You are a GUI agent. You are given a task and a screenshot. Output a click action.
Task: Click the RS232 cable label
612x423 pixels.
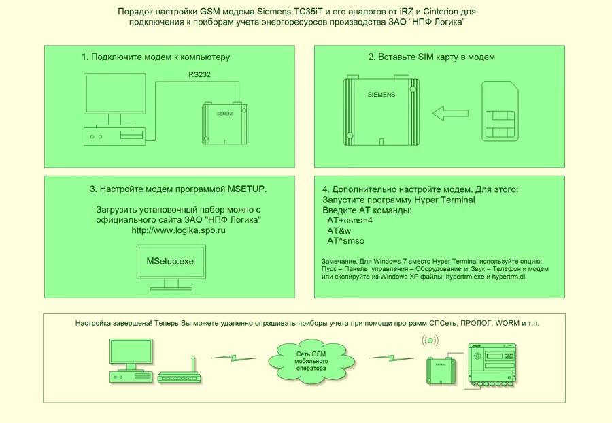point(199,75)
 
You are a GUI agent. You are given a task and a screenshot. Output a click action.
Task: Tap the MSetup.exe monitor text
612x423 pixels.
point(171,261)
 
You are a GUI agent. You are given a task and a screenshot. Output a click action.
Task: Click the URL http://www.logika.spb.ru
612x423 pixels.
point(178,232)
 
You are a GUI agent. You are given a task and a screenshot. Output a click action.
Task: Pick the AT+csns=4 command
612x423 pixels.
point(350,221)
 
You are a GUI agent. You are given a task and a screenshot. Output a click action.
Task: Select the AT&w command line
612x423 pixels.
point(339,231)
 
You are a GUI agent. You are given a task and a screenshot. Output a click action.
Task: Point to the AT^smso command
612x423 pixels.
point(345,241)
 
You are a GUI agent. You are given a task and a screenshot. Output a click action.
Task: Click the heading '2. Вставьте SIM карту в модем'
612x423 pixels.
point(431,57)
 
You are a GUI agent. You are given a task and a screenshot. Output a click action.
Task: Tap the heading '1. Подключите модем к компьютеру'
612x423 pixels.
point(156,57)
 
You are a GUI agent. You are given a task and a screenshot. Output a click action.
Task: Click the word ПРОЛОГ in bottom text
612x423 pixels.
point(479,322)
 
